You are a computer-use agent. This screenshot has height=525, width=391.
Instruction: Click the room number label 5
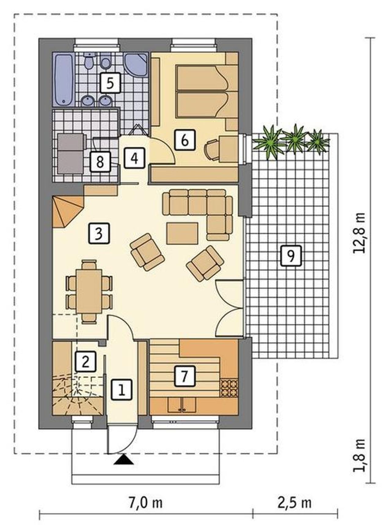[110, 83]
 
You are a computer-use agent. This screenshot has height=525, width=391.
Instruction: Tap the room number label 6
[185, 140]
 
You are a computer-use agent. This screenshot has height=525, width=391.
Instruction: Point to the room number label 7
[184, 376]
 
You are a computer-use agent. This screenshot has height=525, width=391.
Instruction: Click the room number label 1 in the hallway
[122, 389]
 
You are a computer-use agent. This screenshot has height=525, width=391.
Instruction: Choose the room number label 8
[100, 162]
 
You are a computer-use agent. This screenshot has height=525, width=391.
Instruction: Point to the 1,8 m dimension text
[359, 455]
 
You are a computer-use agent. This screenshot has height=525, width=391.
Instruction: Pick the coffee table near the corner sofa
[182, 234]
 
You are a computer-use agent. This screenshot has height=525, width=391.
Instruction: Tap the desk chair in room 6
[212, 150]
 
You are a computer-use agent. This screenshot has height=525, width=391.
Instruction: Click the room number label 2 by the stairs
[85, 362]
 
